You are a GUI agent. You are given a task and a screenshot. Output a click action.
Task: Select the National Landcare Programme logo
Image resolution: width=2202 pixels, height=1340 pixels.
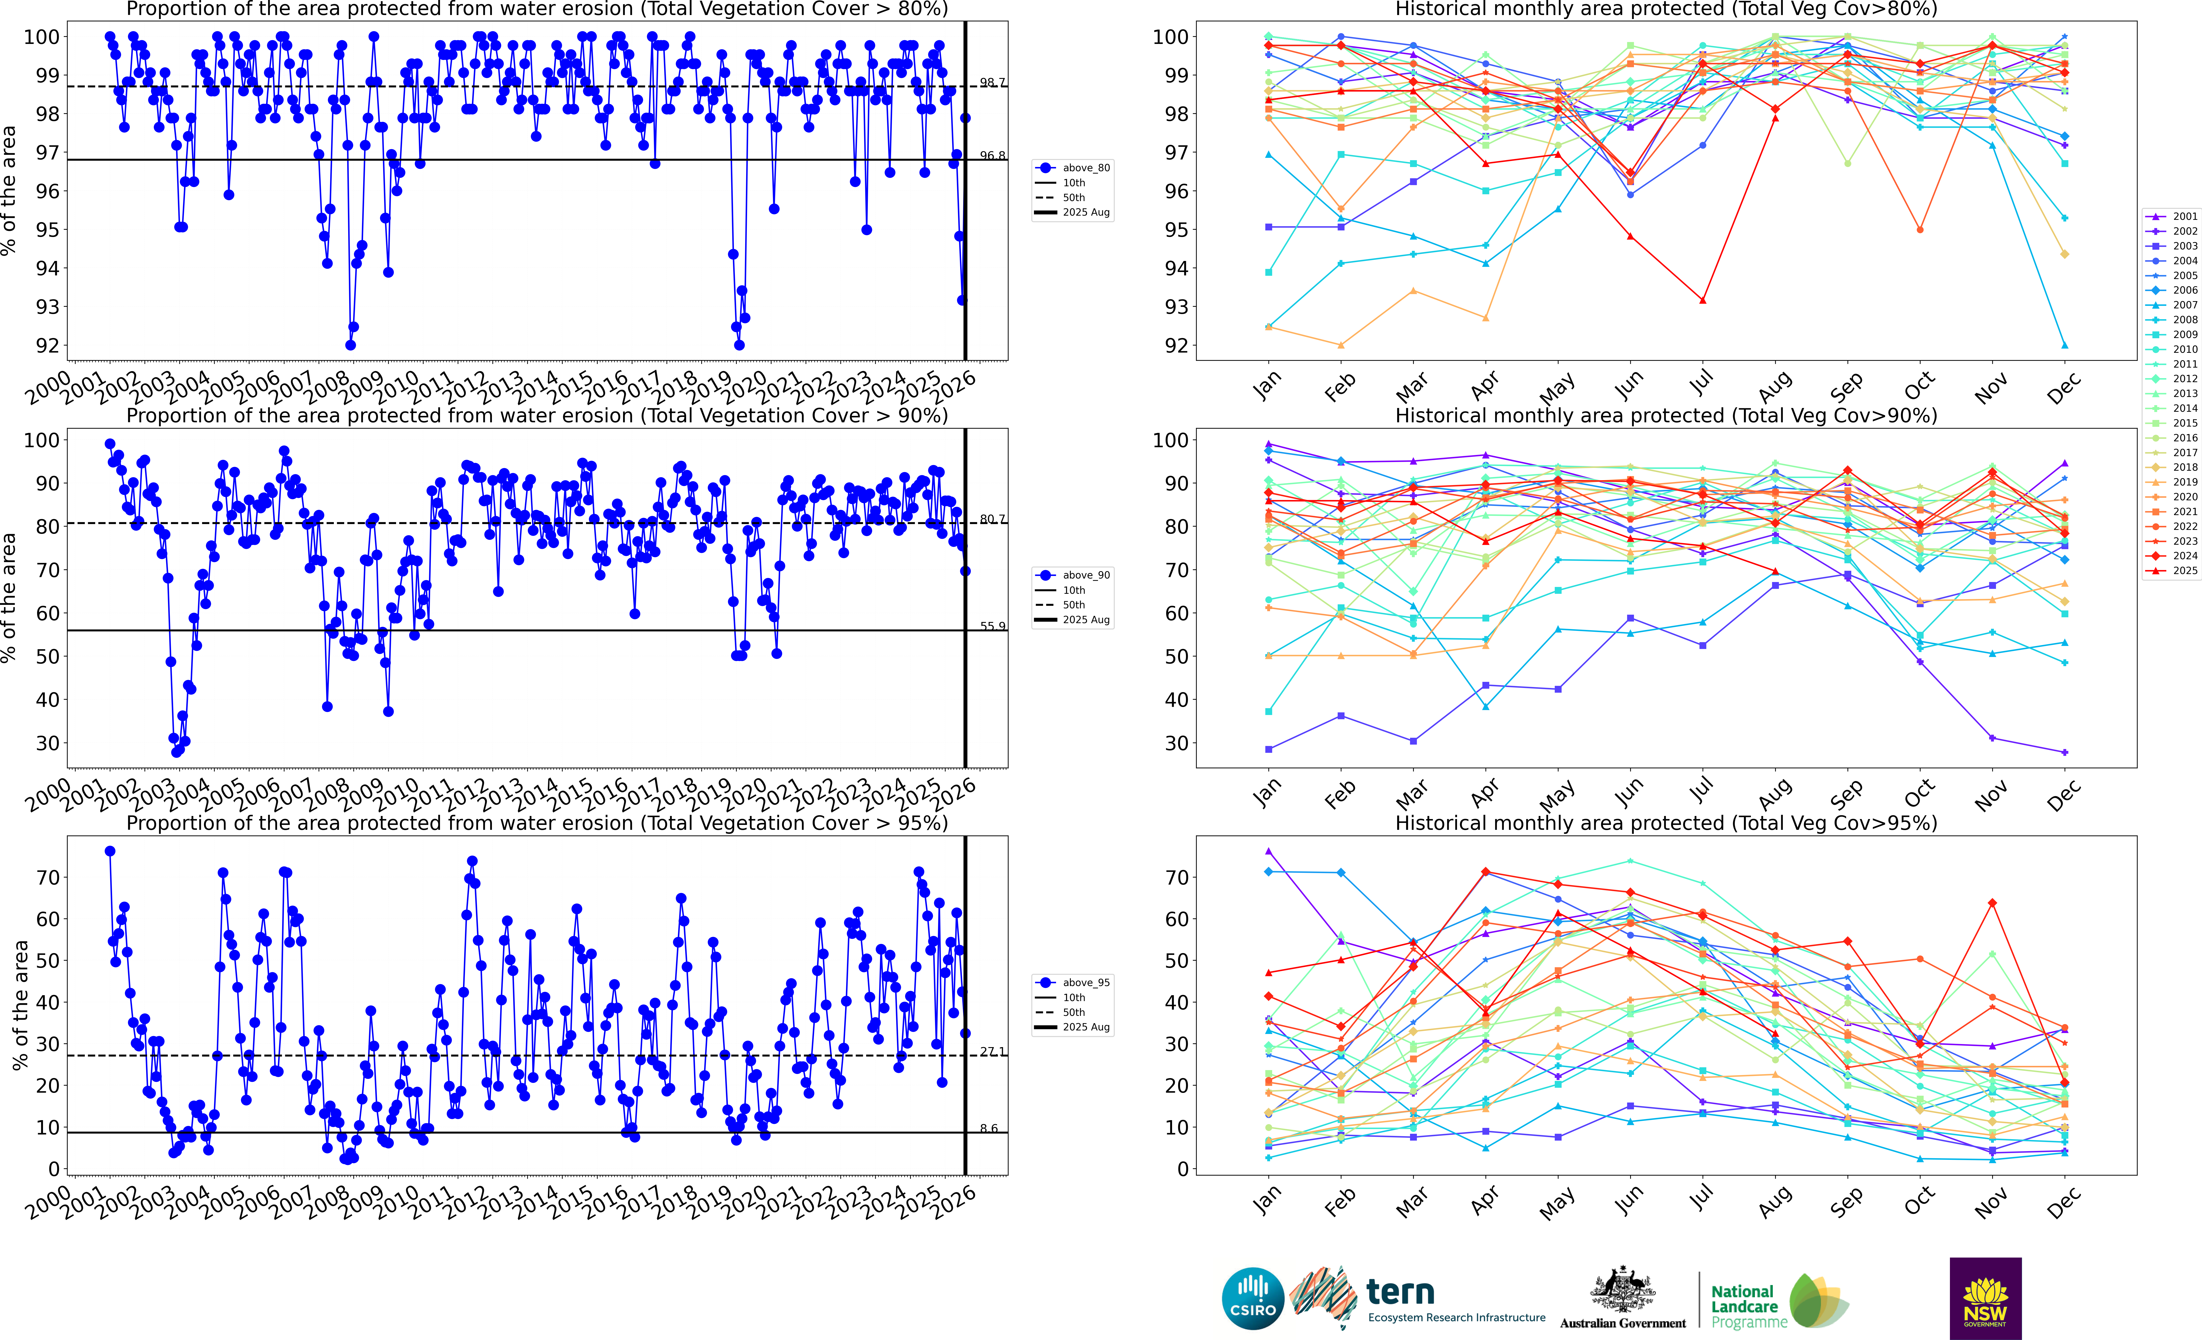click(x=1778, y=1301)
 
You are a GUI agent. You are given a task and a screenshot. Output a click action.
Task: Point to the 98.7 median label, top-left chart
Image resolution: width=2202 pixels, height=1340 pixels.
click(x=992, y=82)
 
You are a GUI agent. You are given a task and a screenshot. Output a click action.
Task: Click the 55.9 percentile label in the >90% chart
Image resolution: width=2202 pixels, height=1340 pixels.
click(x=992, y=626)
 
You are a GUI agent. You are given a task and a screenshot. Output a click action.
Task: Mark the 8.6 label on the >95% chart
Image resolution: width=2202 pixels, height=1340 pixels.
click(x=988, y=1128)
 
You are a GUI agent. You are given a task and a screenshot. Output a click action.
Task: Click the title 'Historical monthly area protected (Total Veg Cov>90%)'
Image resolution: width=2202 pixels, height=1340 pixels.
click(x=1666, y=416)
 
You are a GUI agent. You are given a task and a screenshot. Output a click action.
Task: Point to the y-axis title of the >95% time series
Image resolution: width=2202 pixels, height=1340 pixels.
click(x=20, y=1005)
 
